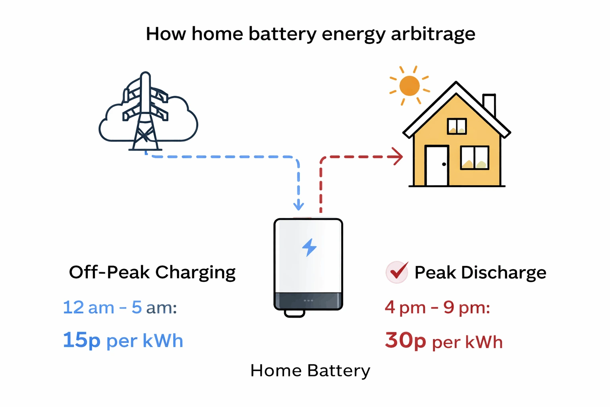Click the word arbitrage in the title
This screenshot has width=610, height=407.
click(433, 34)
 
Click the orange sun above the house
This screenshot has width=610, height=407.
click(409, 86)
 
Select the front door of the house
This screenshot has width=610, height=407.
click(437, 166)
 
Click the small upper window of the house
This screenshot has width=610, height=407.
click(457, 126)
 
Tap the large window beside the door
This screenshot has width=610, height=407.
click(474, 158)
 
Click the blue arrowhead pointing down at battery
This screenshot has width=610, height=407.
click(299, 206)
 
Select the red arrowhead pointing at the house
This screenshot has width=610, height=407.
click(397, 157)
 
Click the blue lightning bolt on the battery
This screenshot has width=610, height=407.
click(309, 247)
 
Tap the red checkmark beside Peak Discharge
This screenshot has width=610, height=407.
click(397, 272)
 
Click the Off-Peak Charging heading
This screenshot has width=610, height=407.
click(152, 273)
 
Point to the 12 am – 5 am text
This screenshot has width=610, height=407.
click(120, 307)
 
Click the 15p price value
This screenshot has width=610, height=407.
click(81, 340)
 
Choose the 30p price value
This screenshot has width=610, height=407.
click(405, 341)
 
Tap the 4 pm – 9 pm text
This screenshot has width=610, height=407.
click(437, 307)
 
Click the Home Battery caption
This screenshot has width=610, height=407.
click(310, 370)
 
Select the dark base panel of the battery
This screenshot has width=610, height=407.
click(308, 300)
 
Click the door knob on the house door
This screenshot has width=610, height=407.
click(444, 164)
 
